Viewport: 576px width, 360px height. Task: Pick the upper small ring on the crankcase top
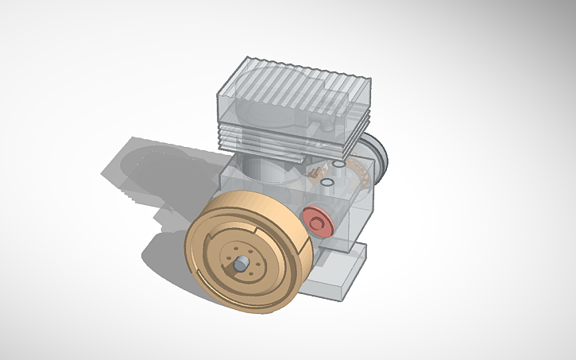(339, 165)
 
